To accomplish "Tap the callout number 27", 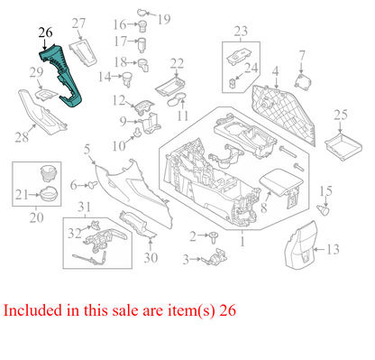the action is pos(78,23).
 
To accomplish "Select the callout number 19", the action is pos(163,18).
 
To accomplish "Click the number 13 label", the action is pos(333,248).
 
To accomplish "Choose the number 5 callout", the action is pos(87,148).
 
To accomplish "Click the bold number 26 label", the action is pos(46,33).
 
